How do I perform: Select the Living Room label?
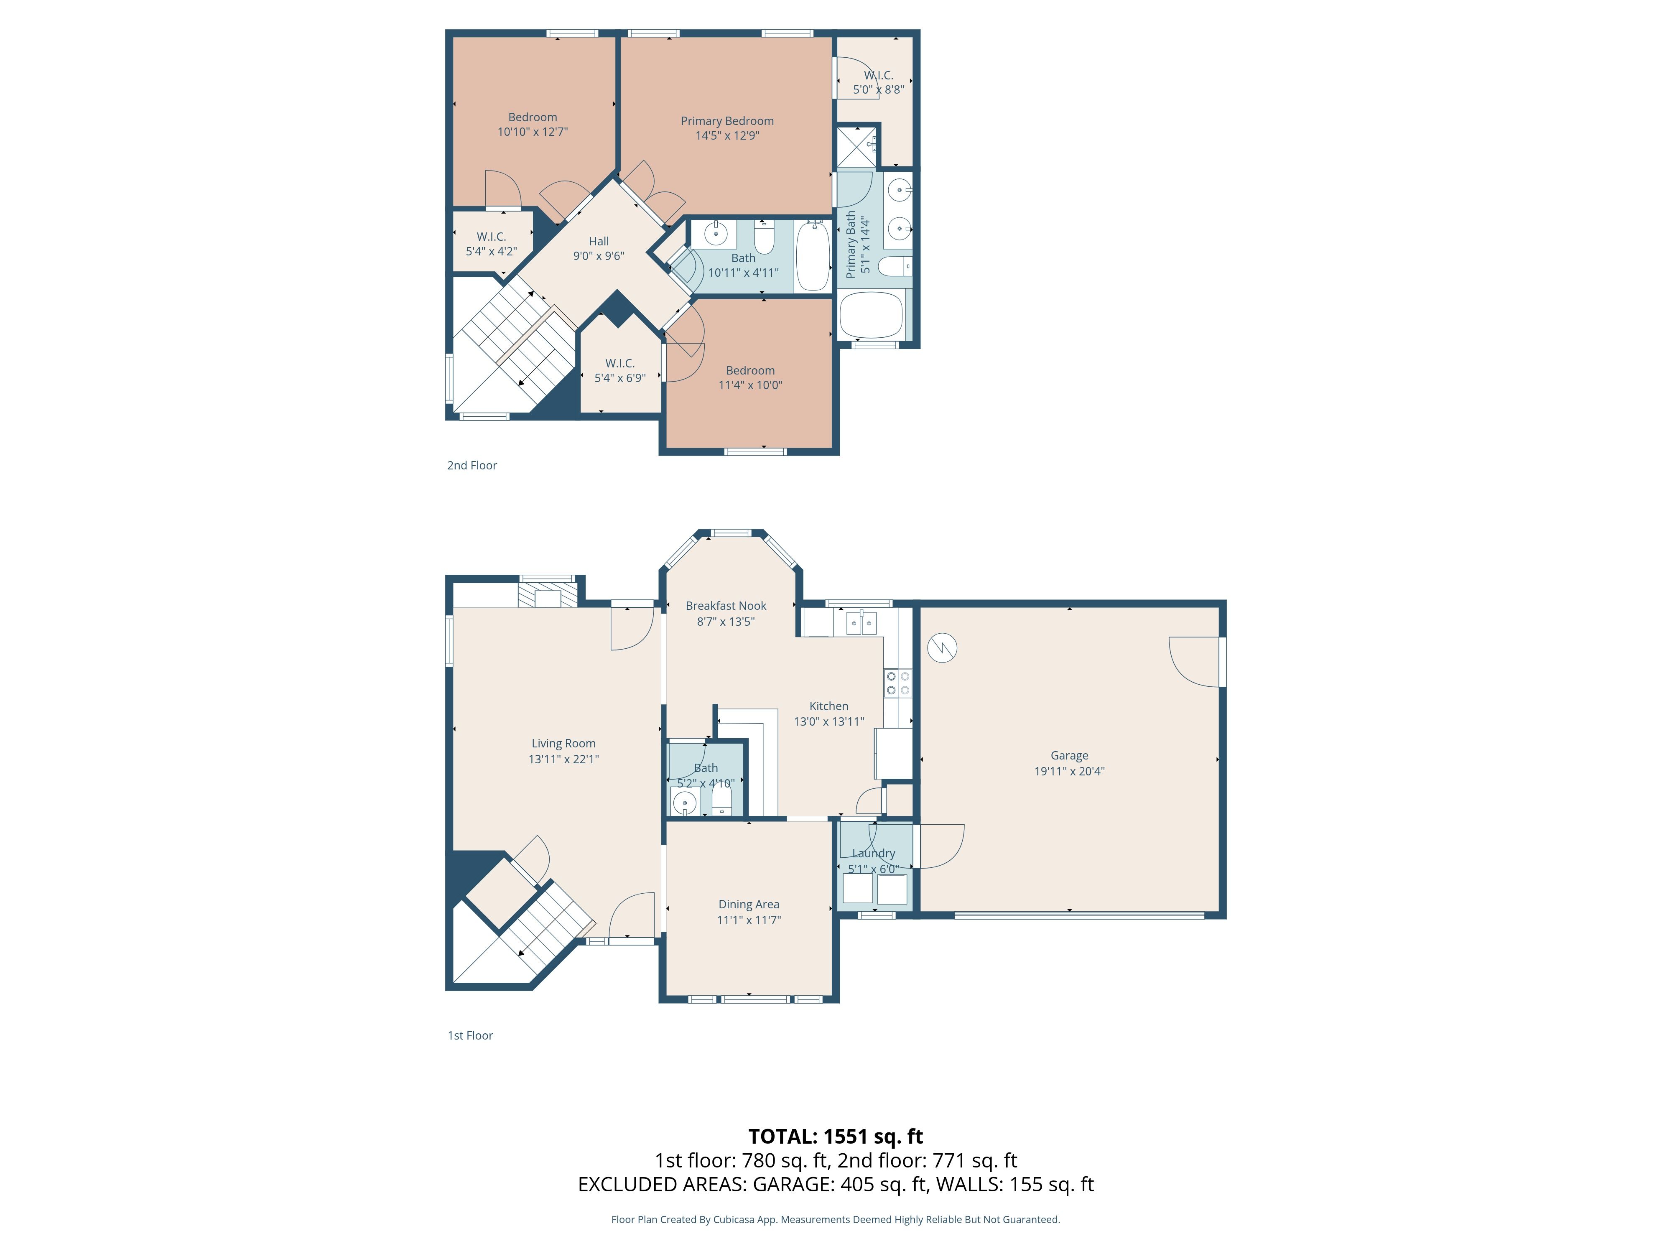click(563, 744)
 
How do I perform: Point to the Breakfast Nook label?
click(726, 605)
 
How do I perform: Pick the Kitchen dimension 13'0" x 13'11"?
click(828, 721)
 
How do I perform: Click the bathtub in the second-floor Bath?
click(813, 255)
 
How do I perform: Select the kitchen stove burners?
click(898, 683)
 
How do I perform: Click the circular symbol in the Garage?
click(942, 648)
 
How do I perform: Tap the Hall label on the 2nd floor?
click(599, 241)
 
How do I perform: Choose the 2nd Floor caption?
click(472, 466)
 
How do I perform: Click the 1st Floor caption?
click(470, 1035)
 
